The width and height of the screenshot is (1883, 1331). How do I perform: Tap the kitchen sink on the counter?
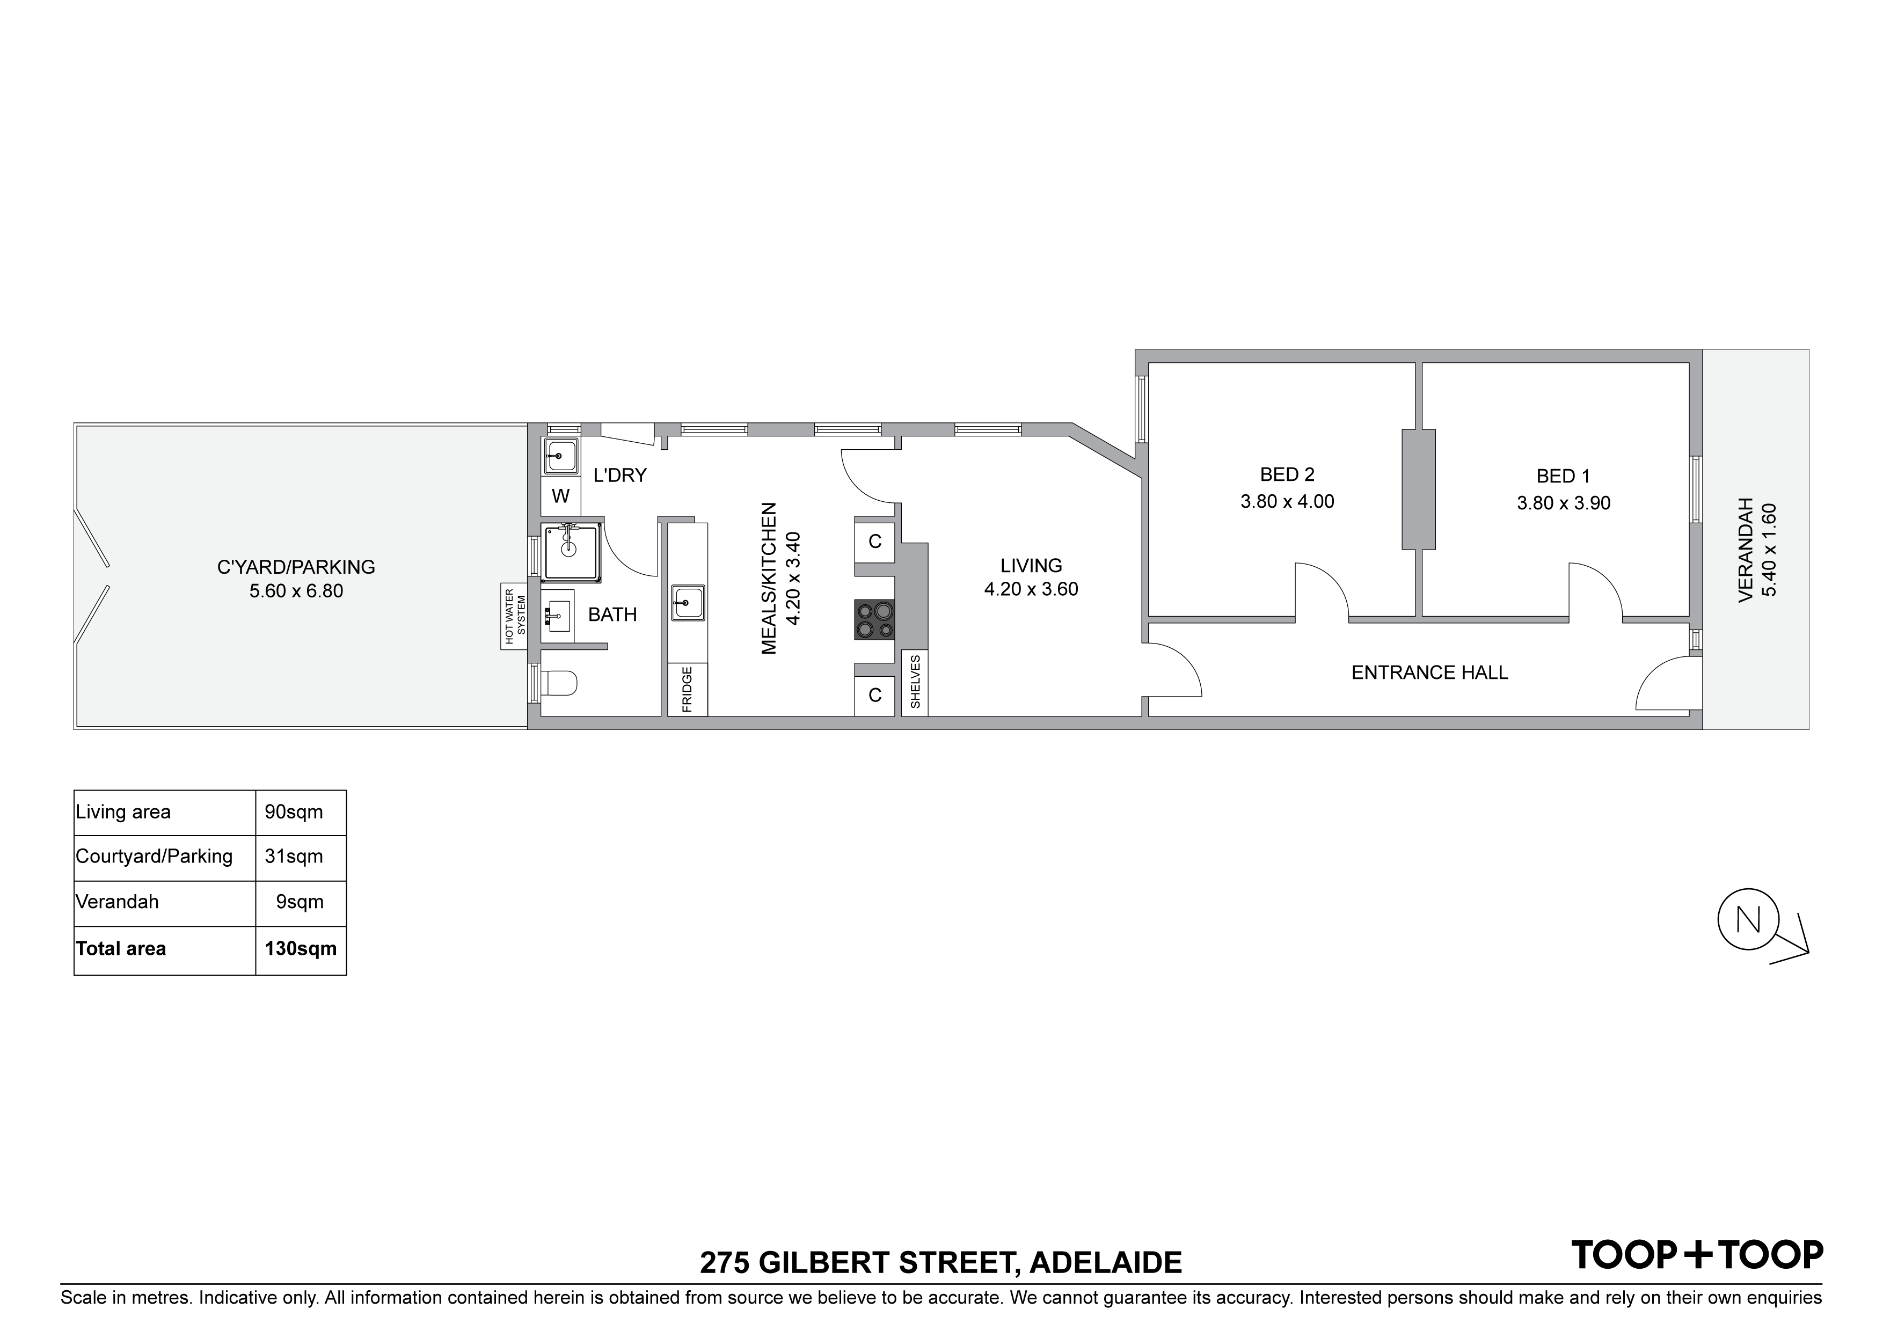coord(687,603)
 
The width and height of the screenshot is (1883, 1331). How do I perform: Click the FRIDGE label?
coord(687,690)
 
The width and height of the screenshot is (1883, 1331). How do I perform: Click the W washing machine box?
coord(561,496)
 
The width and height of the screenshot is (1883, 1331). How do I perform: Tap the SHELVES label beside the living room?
coord(915,682)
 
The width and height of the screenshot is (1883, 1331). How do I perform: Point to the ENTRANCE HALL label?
coord(1429,672)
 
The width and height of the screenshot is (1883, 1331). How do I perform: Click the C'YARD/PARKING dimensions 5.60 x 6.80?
coord(296,590)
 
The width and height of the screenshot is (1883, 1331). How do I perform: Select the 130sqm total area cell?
coord(300,949)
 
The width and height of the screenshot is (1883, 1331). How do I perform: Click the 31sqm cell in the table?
coord(294,856)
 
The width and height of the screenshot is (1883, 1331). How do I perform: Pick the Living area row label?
coord(123,812)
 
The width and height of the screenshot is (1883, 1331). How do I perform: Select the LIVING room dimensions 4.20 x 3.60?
coord(1031,589)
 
